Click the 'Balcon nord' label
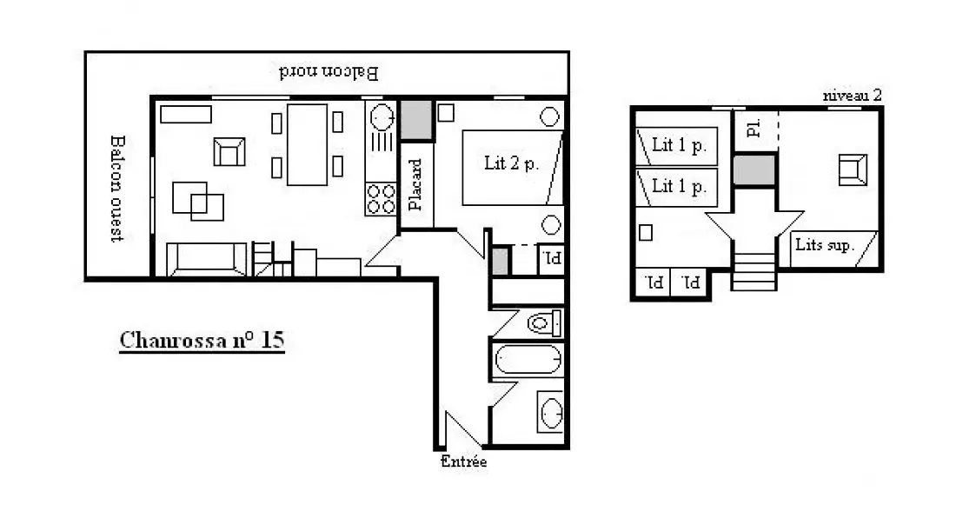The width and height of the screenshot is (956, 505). click(329, 73)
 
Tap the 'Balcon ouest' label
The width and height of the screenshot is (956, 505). click(117, 189)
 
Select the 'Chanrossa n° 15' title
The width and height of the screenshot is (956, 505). click(202, 341)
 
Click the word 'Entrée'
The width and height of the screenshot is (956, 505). click(463, 461)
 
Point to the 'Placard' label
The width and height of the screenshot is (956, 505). click(415, 185)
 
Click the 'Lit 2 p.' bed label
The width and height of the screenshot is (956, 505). click(511, 163)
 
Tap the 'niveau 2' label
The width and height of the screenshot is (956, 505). click(852, 95)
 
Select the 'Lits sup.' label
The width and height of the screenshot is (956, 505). click(825, 244)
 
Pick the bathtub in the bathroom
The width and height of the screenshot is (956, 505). click(528, 360)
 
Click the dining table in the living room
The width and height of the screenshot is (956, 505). click(308, 144)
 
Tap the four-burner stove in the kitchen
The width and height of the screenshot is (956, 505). click(381, 199)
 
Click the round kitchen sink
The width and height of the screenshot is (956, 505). click(382, 116)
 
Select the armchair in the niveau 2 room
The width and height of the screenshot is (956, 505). click(853, 169)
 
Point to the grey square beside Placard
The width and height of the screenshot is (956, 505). click(415, 120)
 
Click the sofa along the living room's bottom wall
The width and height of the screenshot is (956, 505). click(207, 259)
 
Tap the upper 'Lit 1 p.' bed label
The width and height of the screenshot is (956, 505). click(680, 145)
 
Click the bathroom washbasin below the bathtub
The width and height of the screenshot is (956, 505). click(550, 412)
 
